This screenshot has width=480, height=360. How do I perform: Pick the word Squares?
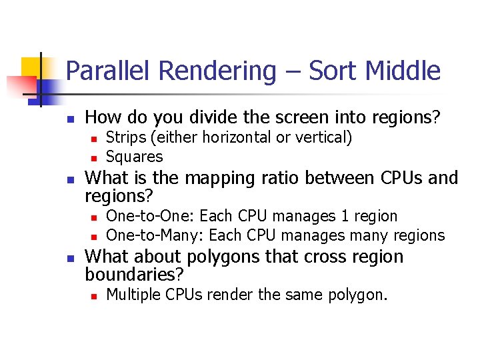tap(134, 157)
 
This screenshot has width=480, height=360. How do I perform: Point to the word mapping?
tap(217, 178)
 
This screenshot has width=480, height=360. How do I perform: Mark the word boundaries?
tap(134, 274)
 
